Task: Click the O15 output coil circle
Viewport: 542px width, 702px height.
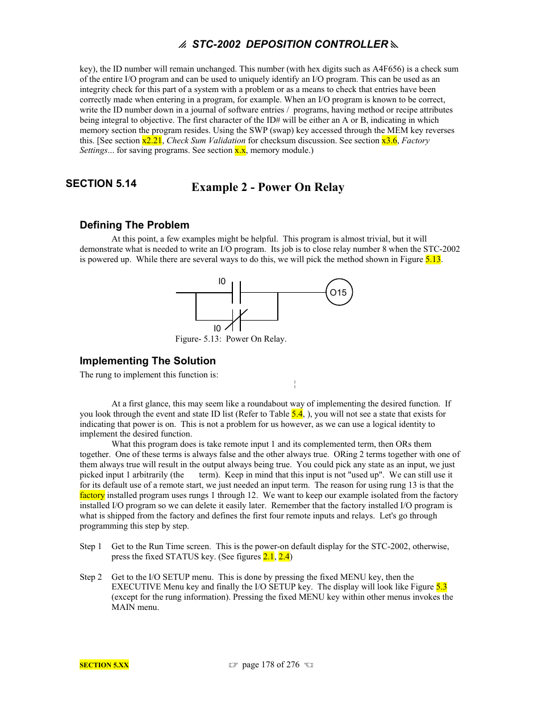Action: point(339,292)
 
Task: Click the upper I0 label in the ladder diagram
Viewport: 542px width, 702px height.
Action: point(222,281)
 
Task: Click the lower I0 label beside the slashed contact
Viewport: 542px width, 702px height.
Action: point(217,329)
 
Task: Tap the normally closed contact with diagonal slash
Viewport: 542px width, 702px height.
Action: point(236,320)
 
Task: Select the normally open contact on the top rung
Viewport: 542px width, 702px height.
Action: point(236,293)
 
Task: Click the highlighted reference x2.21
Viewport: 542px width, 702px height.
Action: point(152,140)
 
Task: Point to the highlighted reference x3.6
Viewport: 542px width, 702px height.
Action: point(389,140)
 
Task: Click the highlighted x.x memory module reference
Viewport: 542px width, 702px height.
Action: point(240,151)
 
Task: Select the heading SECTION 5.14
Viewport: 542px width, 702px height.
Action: point(101,183)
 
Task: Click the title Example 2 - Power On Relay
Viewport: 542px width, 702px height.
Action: point(268,187)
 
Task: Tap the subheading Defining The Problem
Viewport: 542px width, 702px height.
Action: point(134,225)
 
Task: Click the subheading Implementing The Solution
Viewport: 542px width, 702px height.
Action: point(148,361)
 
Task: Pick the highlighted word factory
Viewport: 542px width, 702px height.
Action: point(92,495)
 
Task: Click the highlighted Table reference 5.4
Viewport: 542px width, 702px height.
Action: point(297,414)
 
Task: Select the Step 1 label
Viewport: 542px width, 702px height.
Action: point(90,546)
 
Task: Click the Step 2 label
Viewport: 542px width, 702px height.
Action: point(90,577)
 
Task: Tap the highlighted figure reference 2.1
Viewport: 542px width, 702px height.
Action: point(269,556)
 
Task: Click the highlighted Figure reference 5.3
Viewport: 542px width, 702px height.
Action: point(441,587)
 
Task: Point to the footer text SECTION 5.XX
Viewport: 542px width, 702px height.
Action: point(104,665)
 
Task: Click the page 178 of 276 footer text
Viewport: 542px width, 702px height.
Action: point(270,664)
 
